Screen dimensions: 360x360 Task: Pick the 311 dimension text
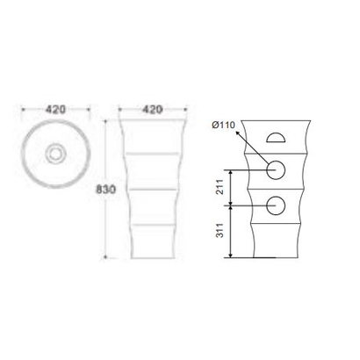(219, 233)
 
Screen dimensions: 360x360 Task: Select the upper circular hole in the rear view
(276, 170)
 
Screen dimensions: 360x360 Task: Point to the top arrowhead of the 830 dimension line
(106, 116)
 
